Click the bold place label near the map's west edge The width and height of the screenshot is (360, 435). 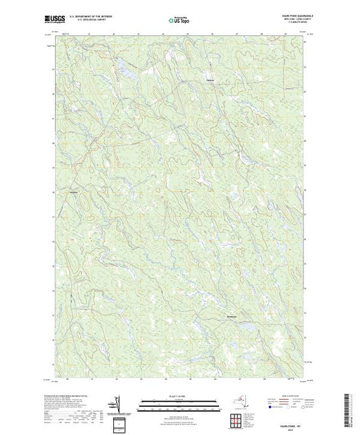coord(75,191)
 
